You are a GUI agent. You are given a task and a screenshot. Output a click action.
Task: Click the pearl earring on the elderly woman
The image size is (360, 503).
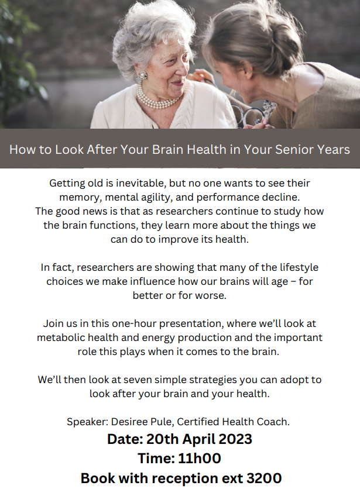(143, 75)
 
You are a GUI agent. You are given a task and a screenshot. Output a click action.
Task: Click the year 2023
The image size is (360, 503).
(235, 439)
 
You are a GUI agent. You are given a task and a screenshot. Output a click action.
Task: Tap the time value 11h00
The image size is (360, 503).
(200, 459)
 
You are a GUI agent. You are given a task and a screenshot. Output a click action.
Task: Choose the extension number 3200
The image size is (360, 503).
(264, 478)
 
